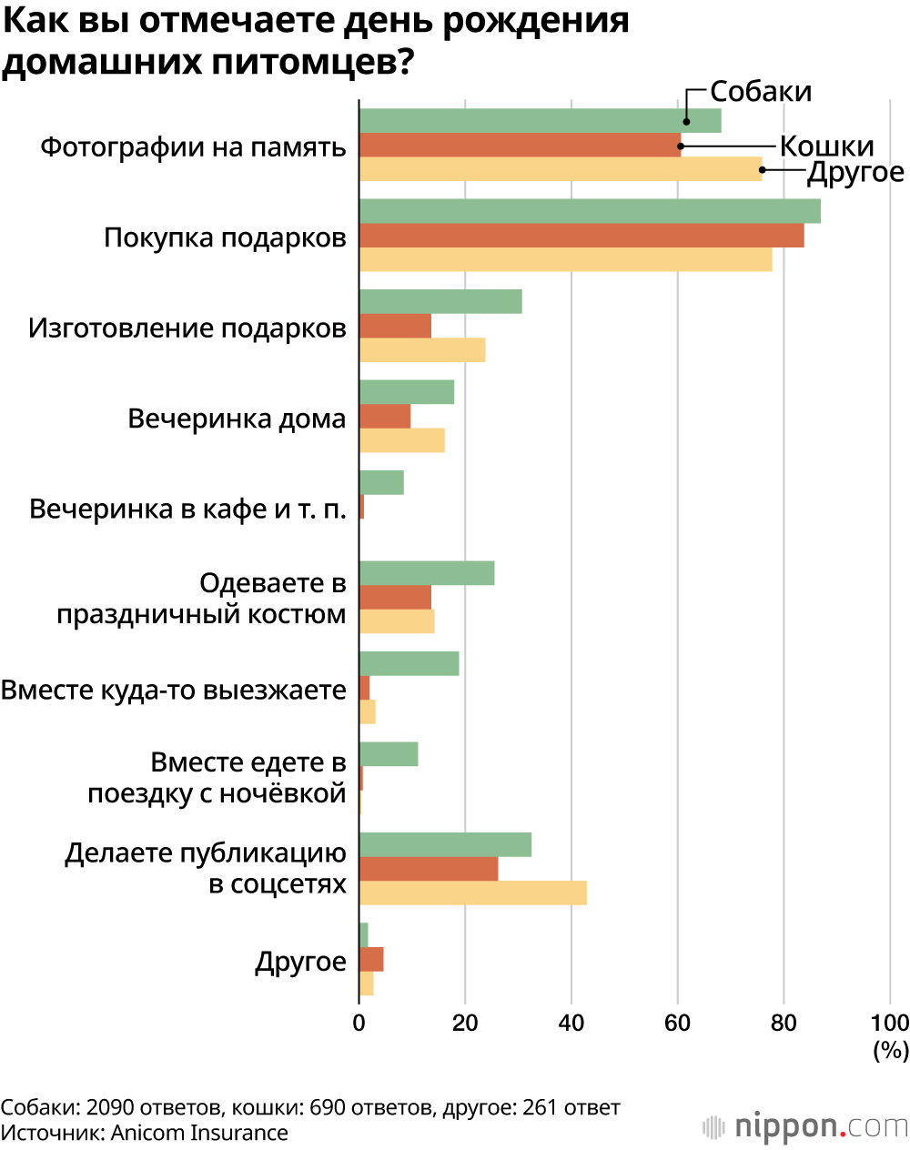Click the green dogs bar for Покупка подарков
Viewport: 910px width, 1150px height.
coord(590,211)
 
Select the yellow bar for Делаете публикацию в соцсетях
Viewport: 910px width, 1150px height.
coord(472,893)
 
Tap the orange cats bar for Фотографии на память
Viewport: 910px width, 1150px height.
coord(520,145)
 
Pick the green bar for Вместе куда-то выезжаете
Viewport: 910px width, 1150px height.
coord(409,664)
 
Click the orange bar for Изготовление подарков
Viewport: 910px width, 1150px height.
coord(395,326)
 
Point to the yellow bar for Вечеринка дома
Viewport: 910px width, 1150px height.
coord(401,440)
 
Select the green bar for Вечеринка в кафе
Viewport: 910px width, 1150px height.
coord(381,483)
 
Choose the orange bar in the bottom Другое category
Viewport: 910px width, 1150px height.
coord(371,960)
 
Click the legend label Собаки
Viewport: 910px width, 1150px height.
coord(761,92)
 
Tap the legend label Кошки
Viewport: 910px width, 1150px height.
coord(826,146)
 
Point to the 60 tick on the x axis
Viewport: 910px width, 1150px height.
coord(677,1023)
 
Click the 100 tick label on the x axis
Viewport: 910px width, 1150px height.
coord(890,1023)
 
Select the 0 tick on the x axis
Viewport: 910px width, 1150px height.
coord(359,1023)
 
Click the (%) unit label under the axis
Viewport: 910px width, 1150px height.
coord(891,1050)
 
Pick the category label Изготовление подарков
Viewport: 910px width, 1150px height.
coord(187,328)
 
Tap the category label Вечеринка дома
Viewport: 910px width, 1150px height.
coord(237,419)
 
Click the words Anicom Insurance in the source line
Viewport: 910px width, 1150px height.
coord(199,1133)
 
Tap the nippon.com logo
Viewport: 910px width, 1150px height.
coord(805,1127)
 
